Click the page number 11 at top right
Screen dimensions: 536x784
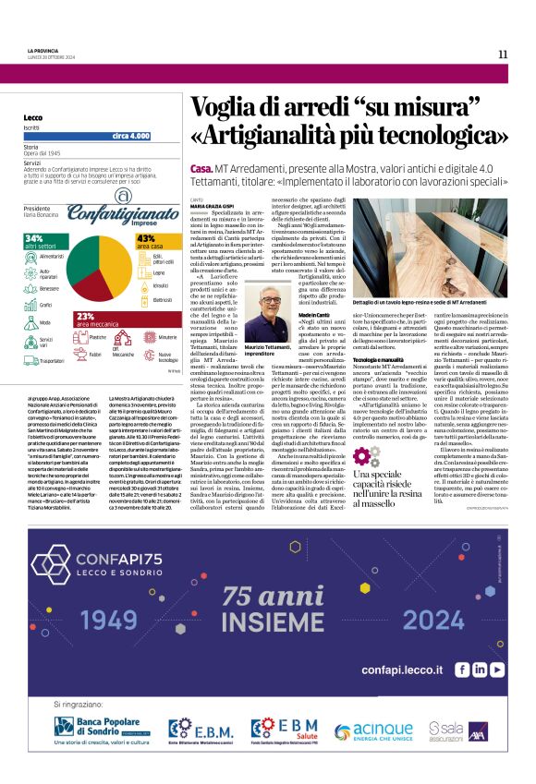click(x=503, y=54)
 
